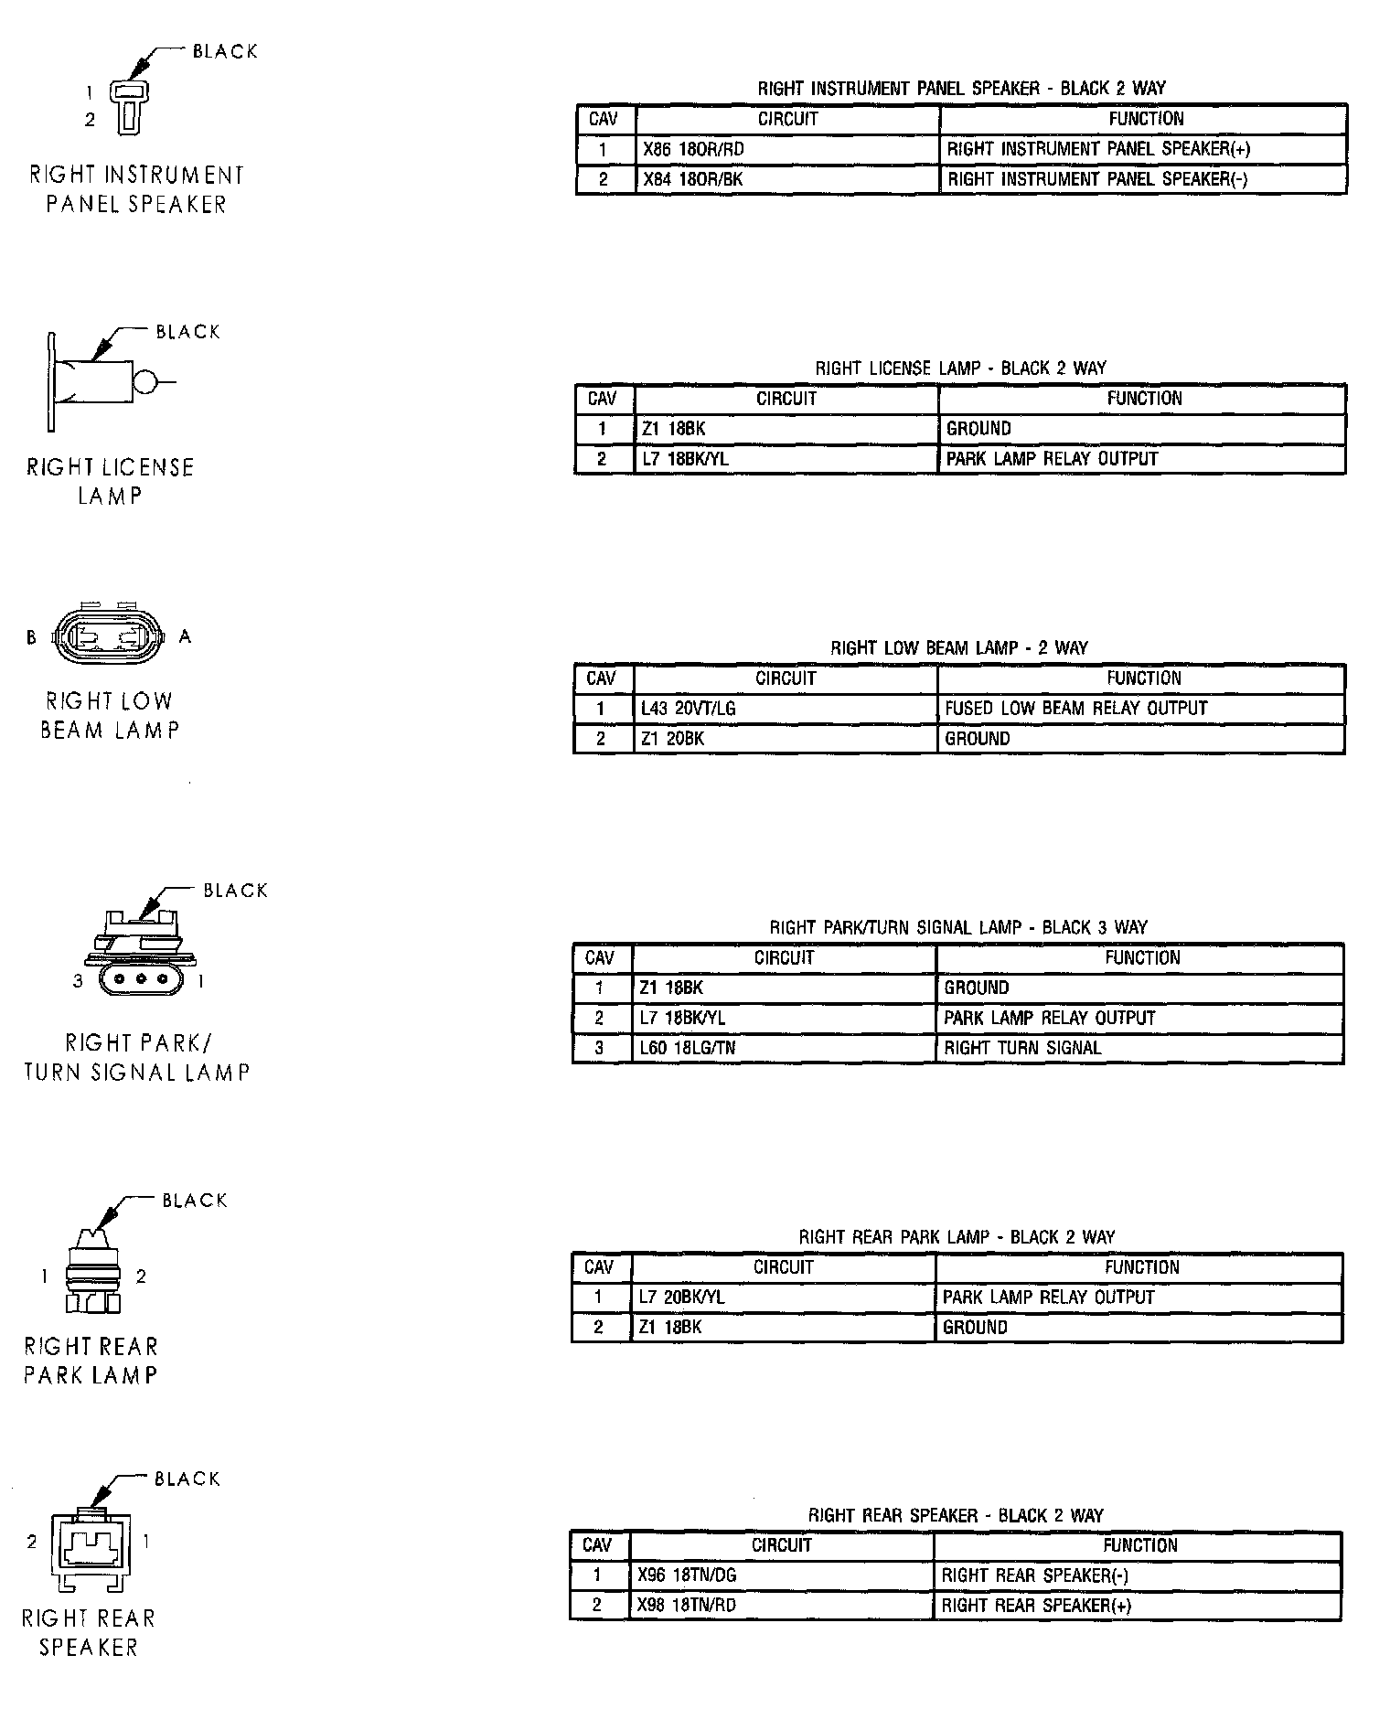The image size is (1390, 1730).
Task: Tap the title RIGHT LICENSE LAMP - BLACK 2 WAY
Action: point(960,368)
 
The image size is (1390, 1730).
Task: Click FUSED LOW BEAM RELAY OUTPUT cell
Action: point(1075,709)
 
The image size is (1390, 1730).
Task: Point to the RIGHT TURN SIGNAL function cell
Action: point(1022,1048)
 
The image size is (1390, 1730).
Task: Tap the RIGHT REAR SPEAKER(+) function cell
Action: point(1036,1606)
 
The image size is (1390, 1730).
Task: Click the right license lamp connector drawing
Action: point(101,380)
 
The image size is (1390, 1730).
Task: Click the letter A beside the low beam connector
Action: point(186,636)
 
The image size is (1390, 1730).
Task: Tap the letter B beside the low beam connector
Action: point(31,637)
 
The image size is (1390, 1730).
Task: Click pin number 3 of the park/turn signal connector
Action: point(78,981)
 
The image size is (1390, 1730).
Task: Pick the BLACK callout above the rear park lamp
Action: point(194,1201)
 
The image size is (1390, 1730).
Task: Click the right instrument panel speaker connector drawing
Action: point(128,105)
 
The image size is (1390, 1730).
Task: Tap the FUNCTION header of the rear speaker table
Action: point(1139,1545)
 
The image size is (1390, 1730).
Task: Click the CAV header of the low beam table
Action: point(601,678)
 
